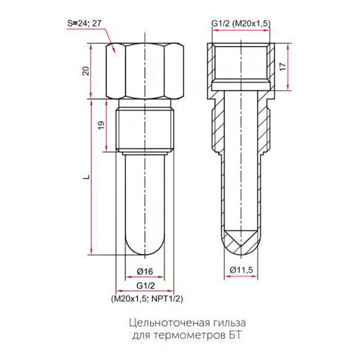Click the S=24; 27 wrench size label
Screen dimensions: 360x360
click(84, 24)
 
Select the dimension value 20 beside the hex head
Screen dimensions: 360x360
click(86, 71)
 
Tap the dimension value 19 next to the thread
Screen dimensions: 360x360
click(101, 125)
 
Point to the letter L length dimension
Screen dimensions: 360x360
click(86, 176)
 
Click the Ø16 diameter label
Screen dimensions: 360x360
click(145, 271)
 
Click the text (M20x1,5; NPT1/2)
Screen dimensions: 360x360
click(146, 298)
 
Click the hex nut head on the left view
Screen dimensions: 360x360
click(147, 71)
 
